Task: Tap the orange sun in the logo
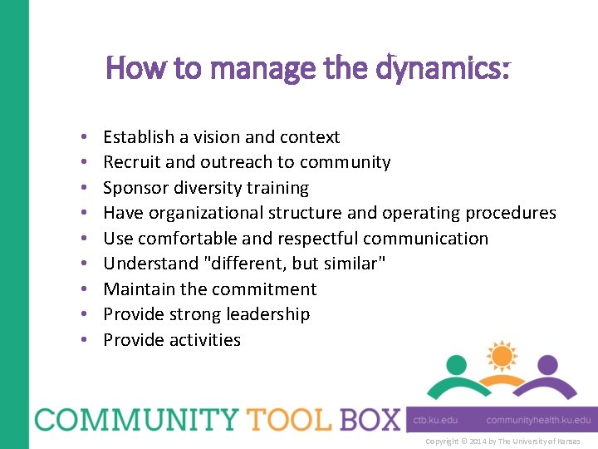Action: pyautogui.click(x=501, y=356)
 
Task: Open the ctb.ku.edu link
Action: pyautogui.click(x=436, y=420)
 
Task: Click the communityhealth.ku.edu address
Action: pyautogui.click(x=538, y=420)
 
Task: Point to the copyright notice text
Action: pyautogui.click(x=502, y=442)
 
